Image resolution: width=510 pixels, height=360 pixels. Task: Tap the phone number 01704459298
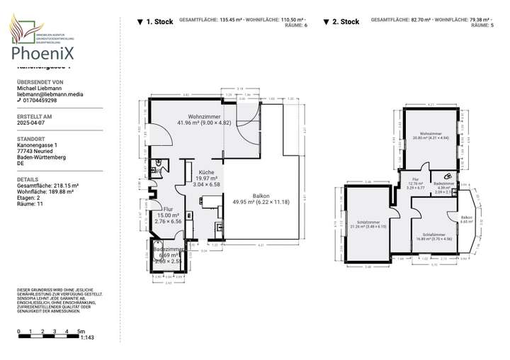(40, 101)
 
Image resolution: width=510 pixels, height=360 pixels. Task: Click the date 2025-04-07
(30, 123)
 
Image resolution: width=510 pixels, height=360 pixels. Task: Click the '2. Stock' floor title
(345, 22)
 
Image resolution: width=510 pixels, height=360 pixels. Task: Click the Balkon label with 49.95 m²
(261, 199)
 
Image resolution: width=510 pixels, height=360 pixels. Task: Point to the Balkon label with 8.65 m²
(466, 219)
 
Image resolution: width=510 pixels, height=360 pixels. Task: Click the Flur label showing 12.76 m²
(415, 182)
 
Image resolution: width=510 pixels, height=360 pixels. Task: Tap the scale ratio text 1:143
(88, 338)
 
